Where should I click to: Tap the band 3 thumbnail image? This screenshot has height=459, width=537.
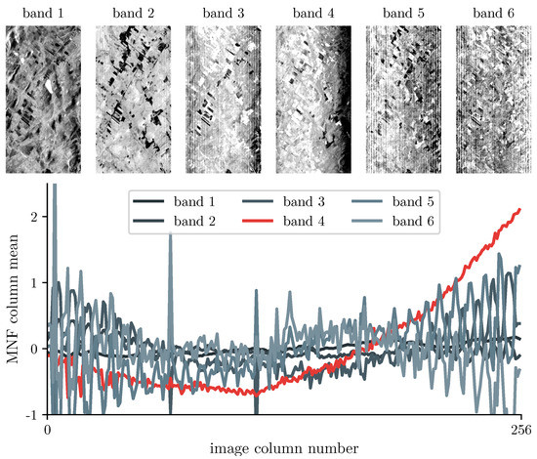click(225, 97)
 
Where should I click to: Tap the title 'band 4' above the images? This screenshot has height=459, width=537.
click(313, 12)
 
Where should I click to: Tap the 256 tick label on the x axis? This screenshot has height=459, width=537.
click(519, 430)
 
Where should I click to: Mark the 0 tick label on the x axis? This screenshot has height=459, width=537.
click(47, 430)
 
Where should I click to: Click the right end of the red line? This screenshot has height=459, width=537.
click(519, 209)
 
